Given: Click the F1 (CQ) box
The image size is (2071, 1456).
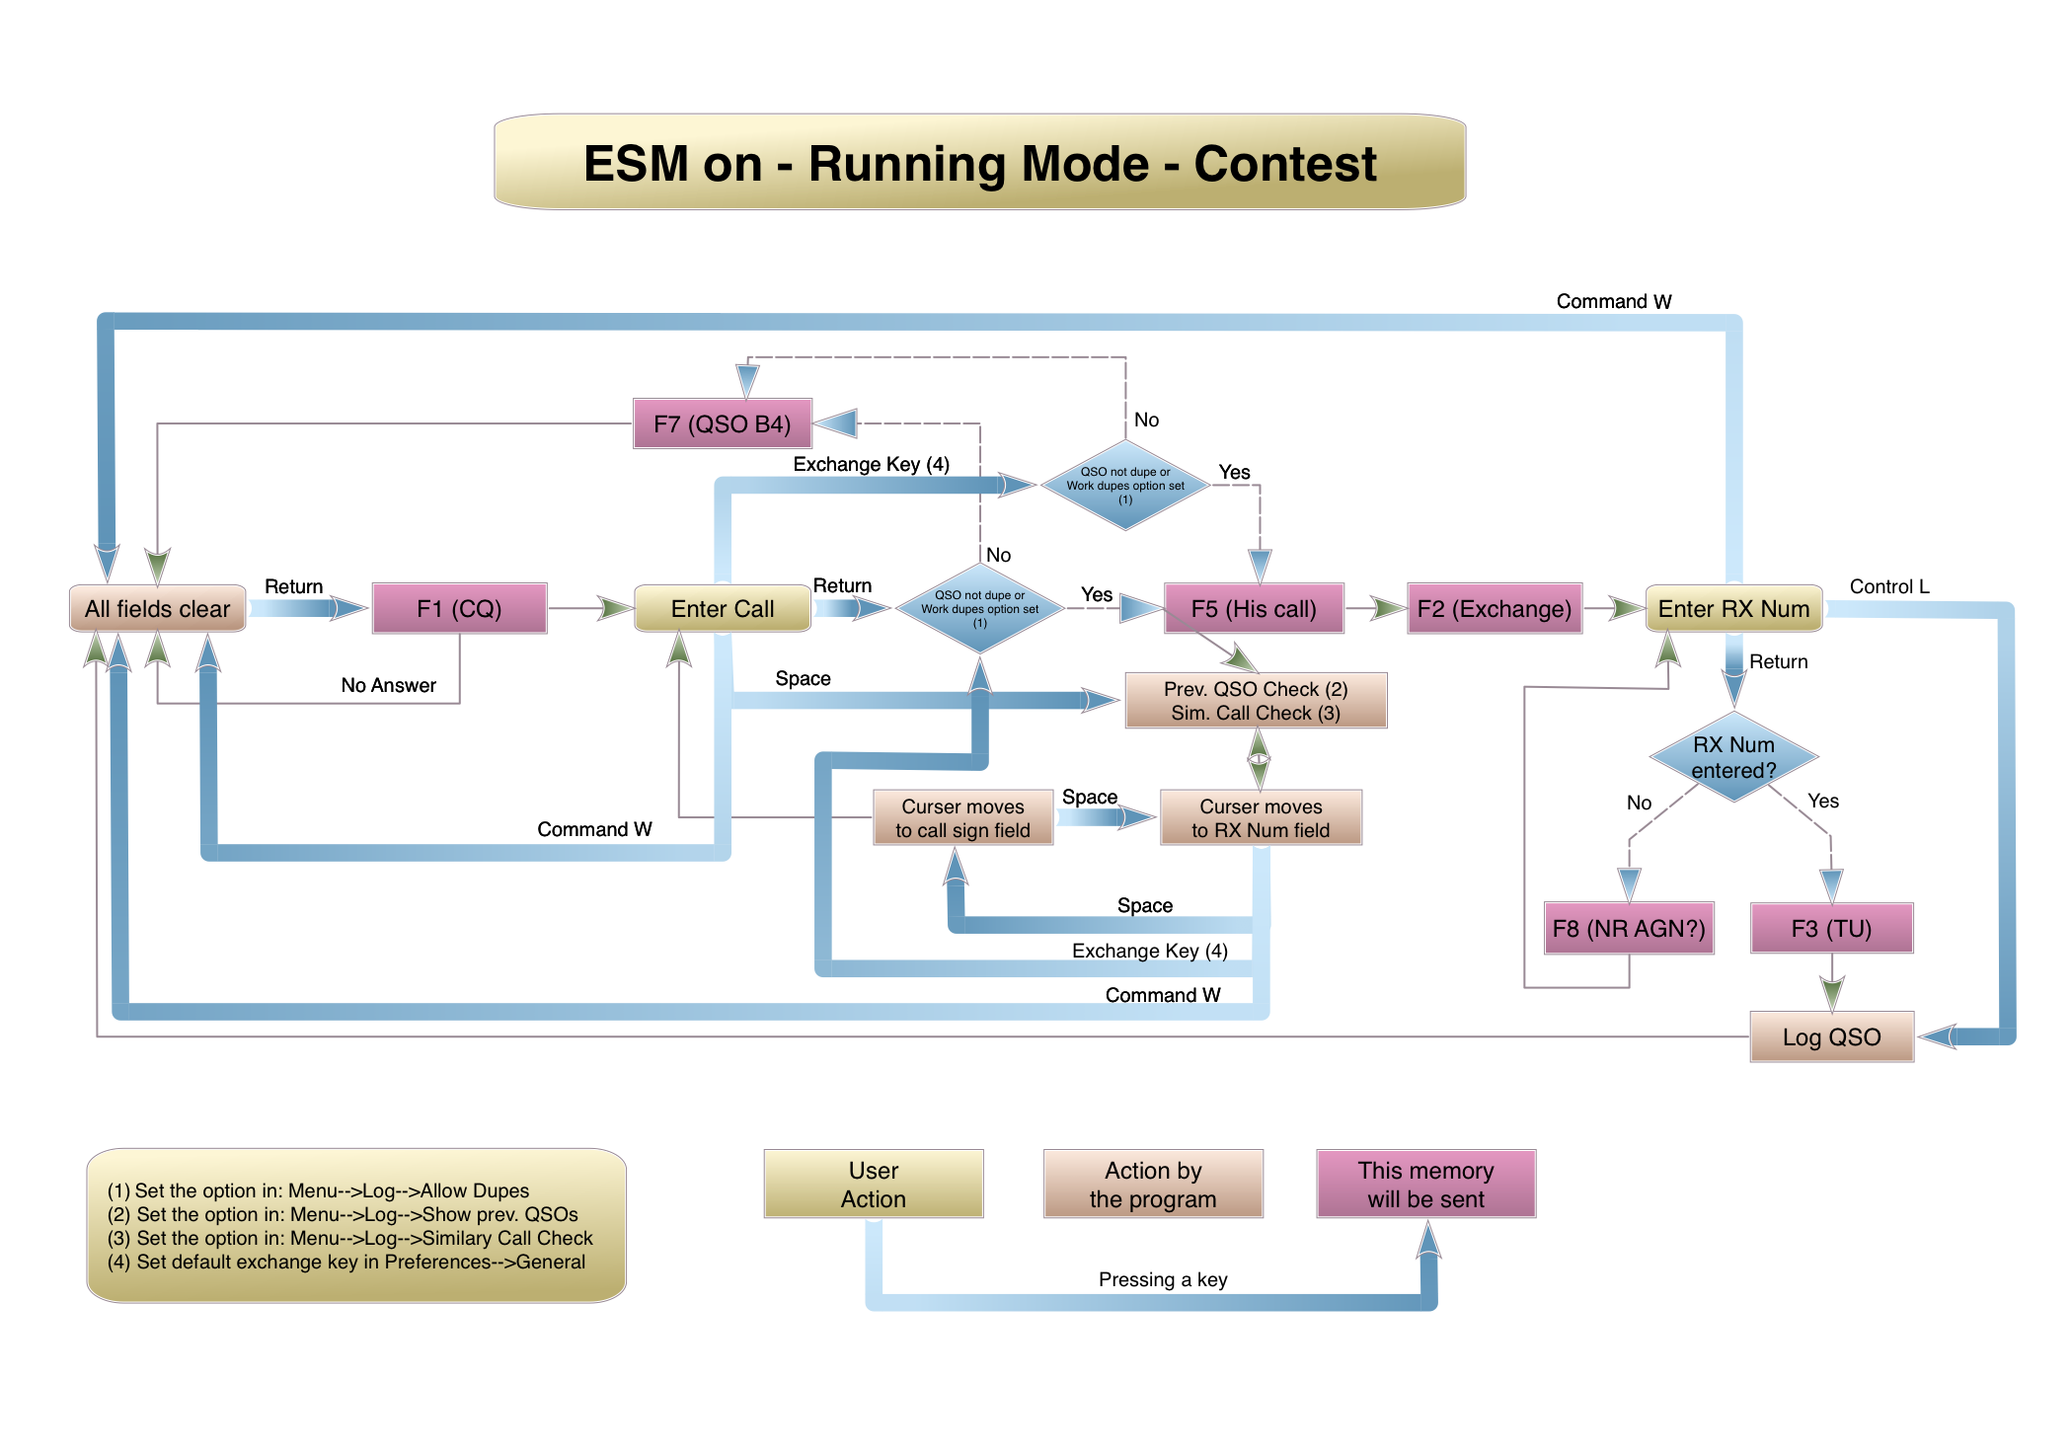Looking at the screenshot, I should click(x=459, y=608).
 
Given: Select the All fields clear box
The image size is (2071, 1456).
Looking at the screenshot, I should click(x=157, y=608).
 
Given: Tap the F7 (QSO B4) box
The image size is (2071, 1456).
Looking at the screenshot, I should click(x=722, y=423).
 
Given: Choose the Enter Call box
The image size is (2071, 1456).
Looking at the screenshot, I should click(x=722, y=608).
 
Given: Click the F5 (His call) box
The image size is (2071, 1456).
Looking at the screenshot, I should click(x=1254, y=608).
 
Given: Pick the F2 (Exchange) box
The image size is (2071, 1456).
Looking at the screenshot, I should click(x=1494, y=608).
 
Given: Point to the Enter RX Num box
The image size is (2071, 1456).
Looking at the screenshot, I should click(x=1733, y=608).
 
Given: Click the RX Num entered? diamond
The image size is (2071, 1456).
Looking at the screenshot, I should click(x=1733, y=757).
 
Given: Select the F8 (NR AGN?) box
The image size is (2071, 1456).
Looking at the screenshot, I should click(x=1628, y=928).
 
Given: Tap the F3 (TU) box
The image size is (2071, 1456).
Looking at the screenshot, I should click(x=1831, y=928).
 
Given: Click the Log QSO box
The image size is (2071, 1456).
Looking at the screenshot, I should click(x=1831, y=1036).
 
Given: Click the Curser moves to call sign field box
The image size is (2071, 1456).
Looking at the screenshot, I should click(x=962, y=817).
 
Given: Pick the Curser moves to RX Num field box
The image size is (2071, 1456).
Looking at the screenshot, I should click(x=1261, y=817).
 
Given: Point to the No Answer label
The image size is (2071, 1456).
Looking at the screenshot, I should click(x=388, y=685).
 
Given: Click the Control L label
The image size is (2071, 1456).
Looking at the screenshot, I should click(x=1888, y=586).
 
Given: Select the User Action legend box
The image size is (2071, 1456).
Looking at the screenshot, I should click(x=873, y=1184).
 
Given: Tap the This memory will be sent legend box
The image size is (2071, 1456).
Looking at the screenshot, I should click(x=1425, y=1184).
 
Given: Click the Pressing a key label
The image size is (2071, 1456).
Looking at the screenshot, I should click(x=1163, y=1279).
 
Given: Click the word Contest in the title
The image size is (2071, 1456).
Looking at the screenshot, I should click(x=1284, y=164).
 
